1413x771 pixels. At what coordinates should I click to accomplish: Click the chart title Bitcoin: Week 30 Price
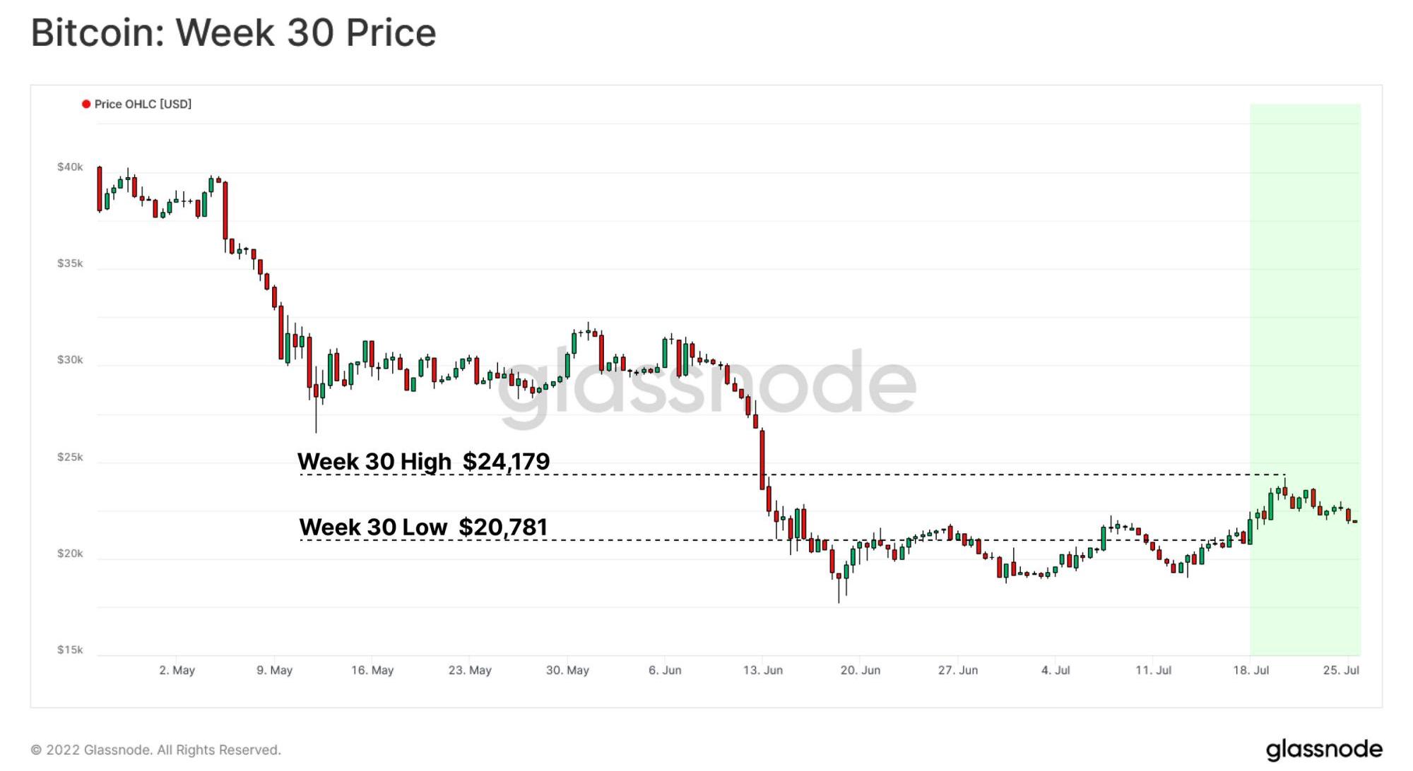coord(233,33)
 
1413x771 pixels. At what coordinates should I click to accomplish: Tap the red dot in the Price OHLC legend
coord(86,104)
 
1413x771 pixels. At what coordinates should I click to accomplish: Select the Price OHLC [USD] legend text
coord(143,104)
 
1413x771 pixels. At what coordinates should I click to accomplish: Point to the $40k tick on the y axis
coord(70,167)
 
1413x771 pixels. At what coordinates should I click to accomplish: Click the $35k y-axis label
coord(70,263)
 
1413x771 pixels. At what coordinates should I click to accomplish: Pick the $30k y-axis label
coord(70,360)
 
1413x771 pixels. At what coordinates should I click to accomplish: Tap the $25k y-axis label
coord(70,458)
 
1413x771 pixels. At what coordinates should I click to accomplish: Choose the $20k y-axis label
coord(70,554)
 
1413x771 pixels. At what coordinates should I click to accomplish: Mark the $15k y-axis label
coord(70,650)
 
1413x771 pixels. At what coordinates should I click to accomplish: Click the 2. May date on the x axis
coord(177,670)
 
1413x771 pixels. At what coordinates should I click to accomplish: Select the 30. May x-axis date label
coord(567,670)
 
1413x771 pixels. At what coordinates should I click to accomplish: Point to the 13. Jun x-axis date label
coord(762,670)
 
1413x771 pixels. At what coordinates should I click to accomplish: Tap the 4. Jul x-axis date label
coord(1056,670)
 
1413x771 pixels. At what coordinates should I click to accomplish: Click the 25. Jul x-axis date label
coord(1341,670)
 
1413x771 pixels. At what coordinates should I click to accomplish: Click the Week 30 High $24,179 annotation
coord(423,462)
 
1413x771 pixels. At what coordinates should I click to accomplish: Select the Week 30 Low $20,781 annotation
coord(423,527)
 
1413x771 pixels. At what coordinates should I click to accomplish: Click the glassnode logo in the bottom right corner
coord(1323,749)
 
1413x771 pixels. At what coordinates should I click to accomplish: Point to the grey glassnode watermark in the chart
coord(706,385)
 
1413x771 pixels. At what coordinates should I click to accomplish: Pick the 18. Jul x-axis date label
coord(1251,670)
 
